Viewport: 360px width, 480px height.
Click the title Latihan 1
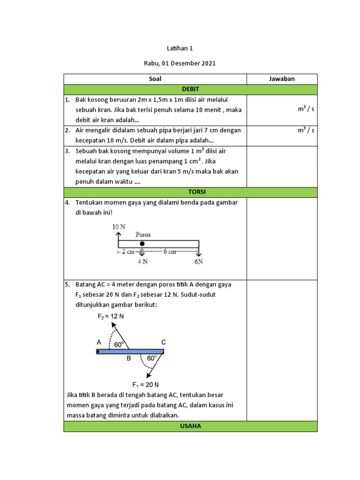pos(180,48)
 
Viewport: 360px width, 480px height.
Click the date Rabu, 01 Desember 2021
pos(180,64)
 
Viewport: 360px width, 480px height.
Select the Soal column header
pos(155,79)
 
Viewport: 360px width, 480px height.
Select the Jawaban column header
pos(282,79)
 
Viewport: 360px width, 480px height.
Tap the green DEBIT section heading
pos(190,89)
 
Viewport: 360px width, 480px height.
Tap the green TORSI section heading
pos(190,192)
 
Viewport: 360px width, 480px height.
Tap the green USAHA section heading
pos(190,426)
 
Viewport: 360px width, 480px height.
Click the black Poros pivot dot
pos(142,244)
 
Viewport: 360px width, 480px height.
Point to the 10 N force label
pos(119,226)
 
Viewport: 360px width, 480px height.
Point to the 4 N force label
pos(142,262)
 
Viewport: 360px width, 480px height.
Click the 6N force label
pos(199,262)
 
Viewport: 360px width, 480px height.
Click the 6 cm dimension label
pos(170,252)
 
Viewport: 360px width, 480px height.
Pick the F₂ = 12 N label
pos(111,316)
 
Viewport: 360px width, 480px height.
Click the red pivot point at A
pos(98,352)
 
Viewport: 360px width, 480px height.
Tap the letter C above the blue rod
pos(163,342)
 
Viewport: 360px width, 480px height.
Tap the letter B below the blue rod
pos(128,360)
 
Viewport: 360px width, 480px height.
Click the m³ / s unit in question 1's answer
pos(306,109)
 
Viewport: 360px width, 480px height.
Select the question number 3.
pos(67,151)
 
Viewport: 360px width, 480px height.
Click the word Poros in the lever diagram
pos(143,235)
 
